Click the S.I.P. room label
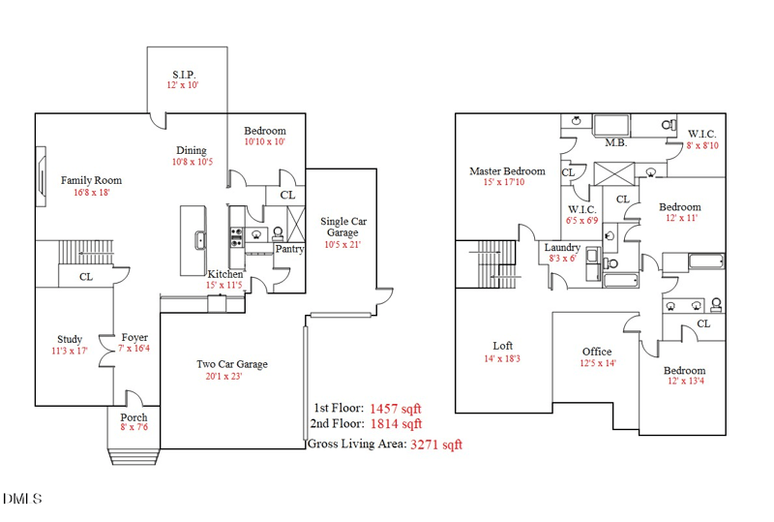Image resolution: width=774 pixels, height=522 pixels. point(185,74)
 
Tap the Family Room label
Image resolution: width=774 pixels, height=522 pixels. point(91,180)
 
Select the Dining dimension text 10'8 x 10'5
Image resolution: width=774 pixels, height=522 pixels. point(192,162)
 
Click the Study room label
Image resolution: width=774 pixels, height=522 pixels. point(70,339)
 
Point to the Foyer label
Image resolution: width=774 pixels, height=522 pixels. point(134,337)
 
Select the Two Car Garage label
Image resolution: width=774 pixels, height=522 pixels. point(232,364)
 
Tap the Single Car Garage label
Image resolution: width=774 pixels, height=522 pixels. point(342,227)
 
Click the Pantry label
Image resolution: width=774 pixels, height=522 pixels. point(289,249)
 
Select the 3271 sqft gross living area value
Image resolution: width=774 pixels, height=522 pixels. point(436,445)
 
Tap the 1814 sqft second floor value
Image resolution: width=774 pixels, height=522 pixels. point(397,423)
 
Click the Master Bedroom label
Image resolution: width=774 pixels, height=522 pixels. point(507,171)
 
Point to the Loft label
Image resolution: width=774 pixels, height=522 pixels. point(502,346)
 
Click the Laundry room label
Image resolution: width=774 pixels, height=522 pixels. point(562,248)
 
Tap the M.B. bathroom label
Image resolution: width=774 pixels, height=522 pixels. point(616,142)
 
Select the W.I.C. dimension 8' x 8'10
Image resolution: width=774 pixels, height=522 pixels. point(702,145)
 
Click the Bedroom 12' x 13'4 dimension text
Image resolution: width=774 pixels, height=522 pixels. point(684,383)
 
